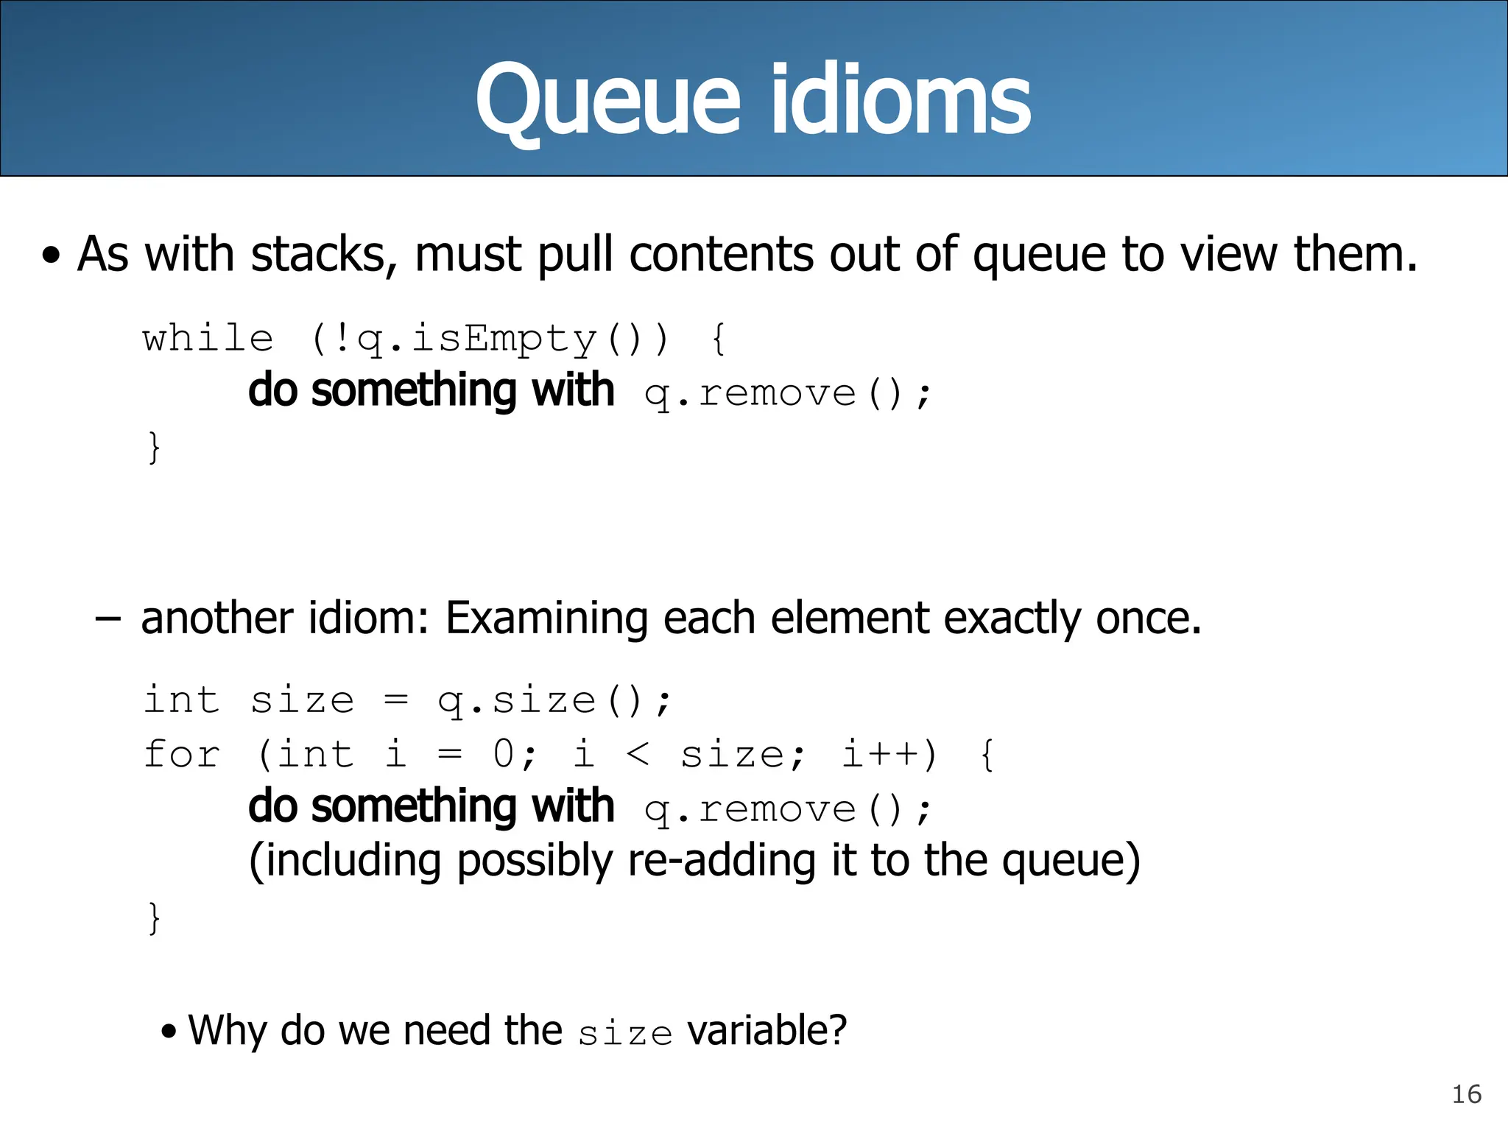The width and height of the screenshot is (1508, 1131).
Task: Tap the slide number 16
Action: pos(1466,1094)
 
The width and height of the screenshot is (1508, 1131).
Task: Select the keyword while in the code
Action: pos(208,339)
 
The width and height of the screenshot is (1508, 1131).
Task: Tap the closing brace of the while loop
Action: pos(154,447)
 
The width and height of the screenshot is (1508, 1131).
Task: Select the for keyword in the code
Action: pos(182,755)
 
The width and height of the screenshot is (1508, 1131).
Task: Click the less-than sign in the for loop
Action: pos(638,755)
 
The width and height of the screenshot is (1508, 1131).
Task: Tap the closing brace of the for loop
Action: pos(154,918)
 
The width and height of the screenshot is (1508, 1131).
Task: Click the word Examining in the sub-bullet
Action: pos(546,618)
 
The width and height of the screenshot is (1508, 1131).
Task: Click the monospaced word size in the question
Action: pos(625,1033)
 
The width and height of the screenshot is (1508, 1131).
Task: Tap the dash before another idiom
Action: pos(108,619)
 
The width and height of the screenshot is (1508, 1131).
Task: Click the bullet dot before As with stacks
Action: pos(51,257)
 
